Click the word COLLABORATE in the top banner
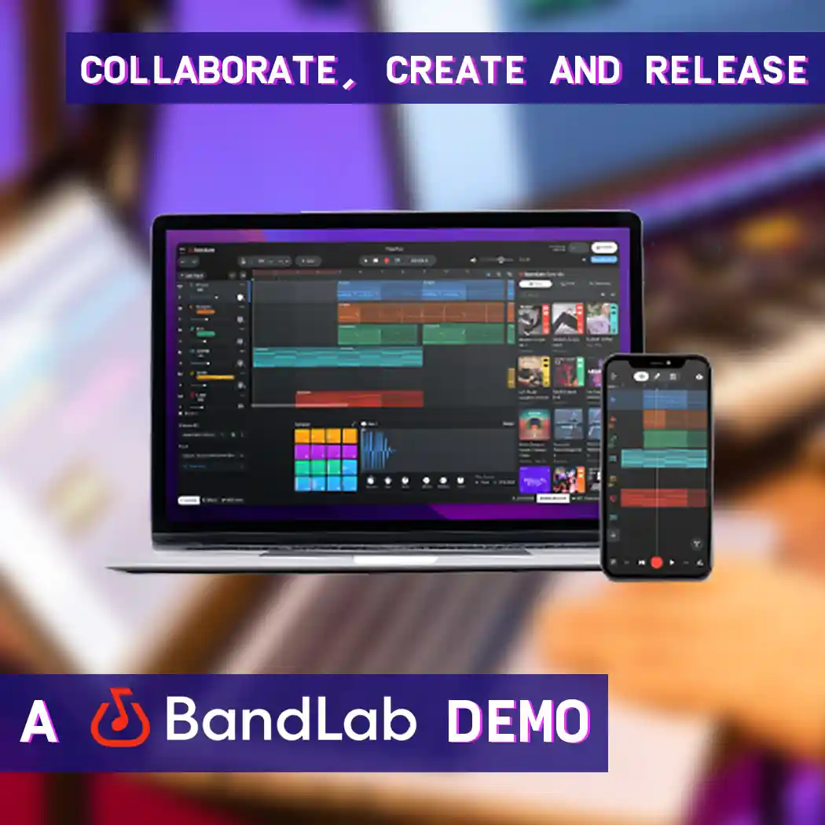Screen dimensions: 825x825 pyautogui.click(x=209, y=71)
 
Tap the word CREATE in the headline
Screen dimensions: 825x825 pyautogui.click(x=455, y=71)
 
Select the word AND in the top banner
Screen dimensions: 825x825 pyautogui.click(x=585, y=71)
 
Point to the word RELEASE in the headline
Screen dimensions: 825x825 pyautogui.click(x=726, y=71)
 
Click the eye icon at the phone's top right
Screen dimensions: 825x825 pyautogui.click(x=698, y=377)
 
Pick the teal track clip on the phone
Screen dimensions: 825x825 pyautogui.click(x=663, y=458)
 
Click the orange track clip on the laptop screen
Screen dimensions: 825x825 pyautogui.click(x=421, y=312)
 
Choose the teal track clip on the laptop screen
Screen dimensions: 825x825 pyautogui.click(x=338, y=357)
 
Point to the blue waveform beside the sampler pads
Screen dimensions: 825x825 pyautogui.click(x=386, y=453)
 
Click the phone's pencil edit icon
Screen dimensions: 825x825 pyautogui.click(x=657, y=377)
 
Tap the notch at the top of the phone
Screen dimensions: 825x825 pyautogui.click(x=655, y=361)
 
